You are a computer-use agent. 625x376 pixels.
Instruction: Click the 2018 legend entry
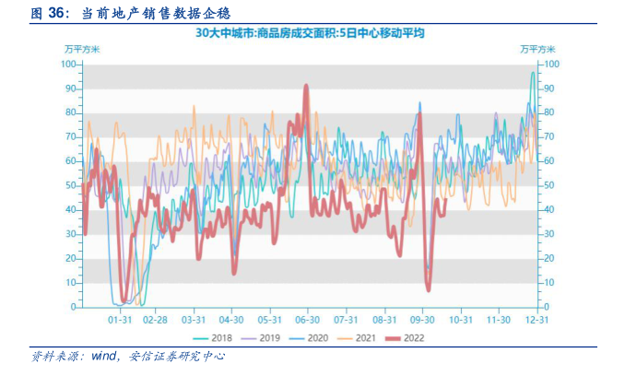pyautogui.click(x=217, y=338)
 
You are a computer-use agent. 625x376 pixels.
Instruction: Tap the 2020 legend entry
pyautogui.click(x=312, y=338)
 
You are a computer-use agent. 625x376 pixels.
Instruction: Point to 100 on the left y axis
pyautogui.click(x=68, y=65)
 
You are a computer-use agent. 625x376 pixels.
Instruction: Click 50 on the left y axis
pyautogui.click(x=71, y=185)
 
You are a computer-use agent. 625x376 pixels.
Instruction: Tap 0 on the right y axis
pyautogui.click(x=550, y=307)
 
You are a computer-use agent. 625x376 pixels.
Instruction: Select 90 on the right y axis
pyautogui.click(x=553, y=88)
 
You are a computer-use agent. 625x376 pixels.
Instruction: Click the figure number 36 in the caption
pyautogui.click(x=54, y=13)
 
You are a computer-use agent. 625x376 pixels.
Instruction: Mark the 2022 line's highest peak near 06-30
pyautogui.click(x=306, y=86)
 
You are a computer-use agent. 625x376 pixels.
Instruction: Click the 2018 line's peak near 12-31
pyautogui.click(x=533, y=73)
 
